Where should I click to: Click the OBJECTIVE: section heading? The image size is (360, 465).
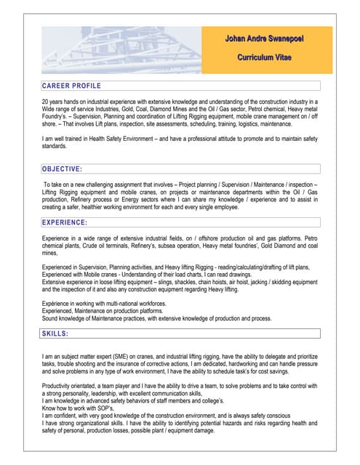tap(62, 169)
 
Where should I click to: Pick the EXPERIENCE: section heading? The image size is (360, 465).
tap(65, 222)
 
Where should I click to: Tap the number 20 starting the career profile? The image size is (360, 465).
tap(46, 101)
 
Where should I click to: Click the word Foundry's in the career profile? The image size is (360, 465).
tap(57, 117)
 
